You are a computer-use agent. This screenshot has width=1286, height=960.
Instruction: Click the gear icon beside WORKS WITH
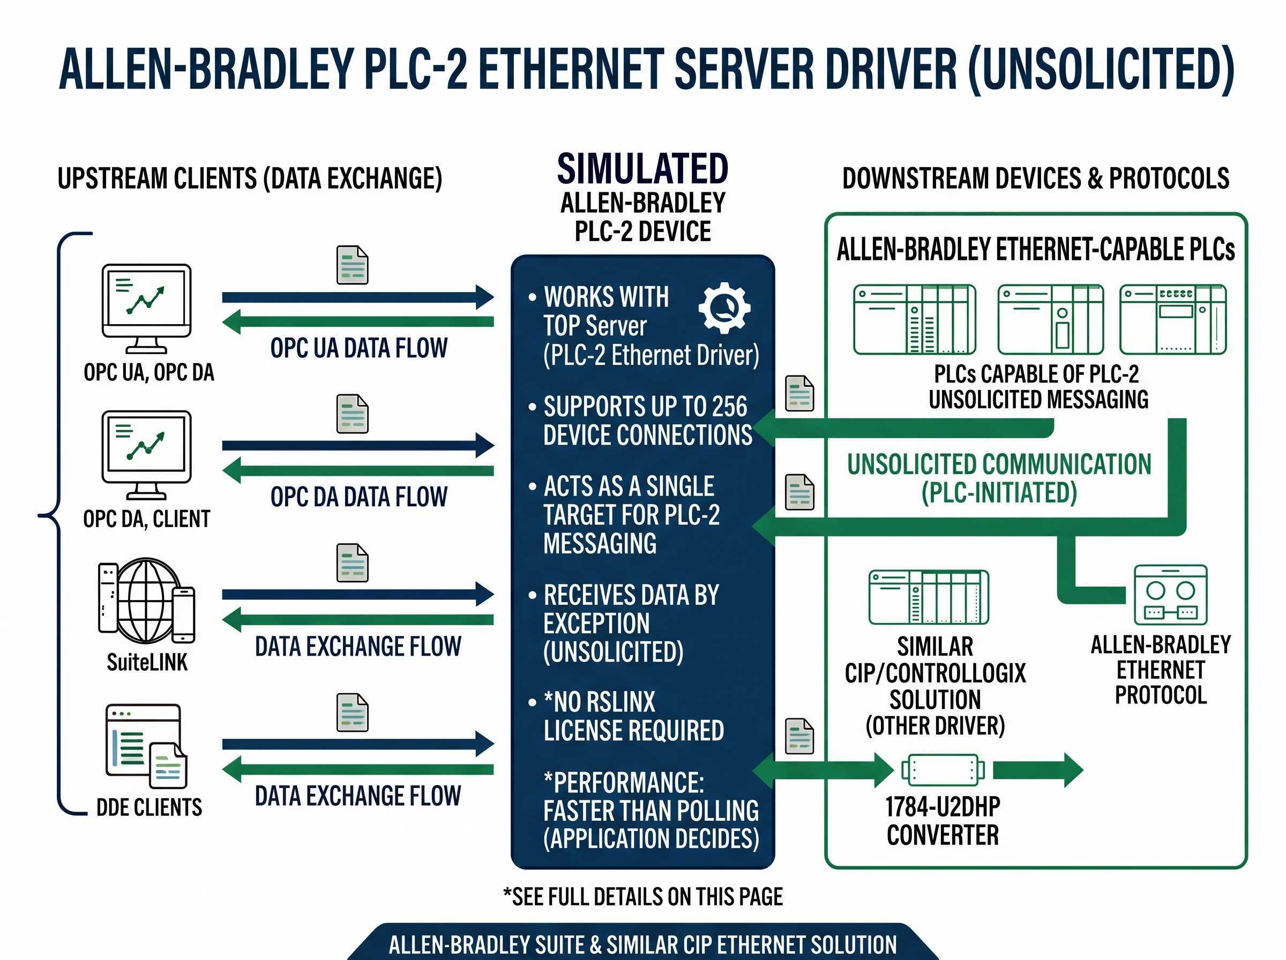[723, 308]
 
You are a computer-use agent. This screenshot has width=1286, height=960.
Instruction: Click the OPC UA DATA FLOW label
[358, 348]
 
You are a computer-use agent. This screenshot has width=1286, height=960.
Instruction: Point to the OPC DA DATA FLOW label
[358, 497]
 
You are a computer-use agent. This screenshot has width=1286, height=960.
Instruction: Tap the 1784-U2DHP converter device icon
[943, 770]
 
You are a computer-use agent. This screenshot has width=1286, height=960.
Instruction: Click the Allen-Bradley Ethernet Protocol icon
[1170, 595]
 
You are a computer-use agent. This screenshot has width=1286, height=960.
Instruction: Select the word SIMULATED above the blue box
[642, 169]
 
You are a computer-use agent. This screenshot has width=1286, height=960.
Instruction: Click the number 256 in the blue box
[729, 407]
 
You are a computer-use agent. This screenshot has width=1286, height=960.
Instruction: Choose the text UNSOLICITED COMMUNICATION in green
[998, 464]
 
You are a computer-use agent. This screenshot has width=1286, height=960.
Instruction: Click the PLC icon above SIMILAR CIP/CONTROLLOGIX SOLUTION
[928, 597]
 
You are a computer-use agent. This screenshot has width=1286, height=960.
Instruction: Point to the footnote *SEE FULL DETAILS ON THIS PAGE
[642, 897]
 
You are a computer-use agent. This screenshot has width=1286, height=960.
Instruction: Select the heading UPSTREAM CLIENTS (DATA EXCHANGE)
[250, 178]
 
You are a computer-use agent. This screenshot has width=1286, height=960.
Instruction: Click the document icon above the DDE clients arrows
[352, 712]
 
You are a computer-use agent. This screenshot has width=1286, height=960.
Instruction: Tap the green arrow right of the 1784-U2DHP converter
[1038, 770]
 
